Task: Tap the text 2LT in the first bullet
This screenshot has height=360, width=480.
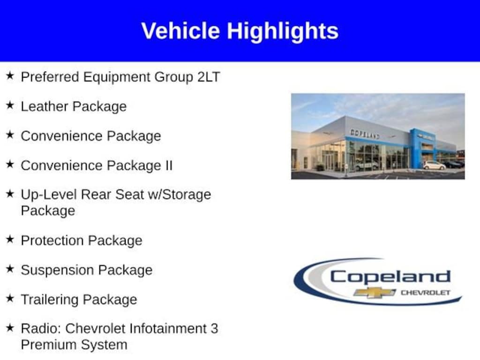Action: point(209,77)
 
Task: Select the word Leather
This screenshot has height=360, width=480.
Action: point(45,106)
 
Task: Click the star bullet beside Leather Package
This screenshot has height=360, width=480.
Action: point(10,105)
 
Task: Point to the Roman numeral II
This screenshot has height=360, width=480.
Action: point(169,165)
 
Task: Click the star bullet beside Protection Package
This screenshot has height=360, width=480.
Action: point(10,239)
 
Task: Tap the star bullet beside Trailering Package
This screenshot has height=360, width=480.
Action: point(10,298)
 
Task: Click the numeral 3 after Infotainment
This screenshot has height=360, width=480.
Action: point(214,329)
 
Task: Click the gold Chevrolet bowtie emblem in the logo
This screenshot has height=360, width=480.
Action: point(375,292)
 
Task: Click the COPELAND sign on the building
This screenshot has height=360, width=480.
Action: point(365,134)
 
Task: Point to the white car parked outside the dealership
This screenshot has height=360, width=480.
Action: point(435,165)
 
